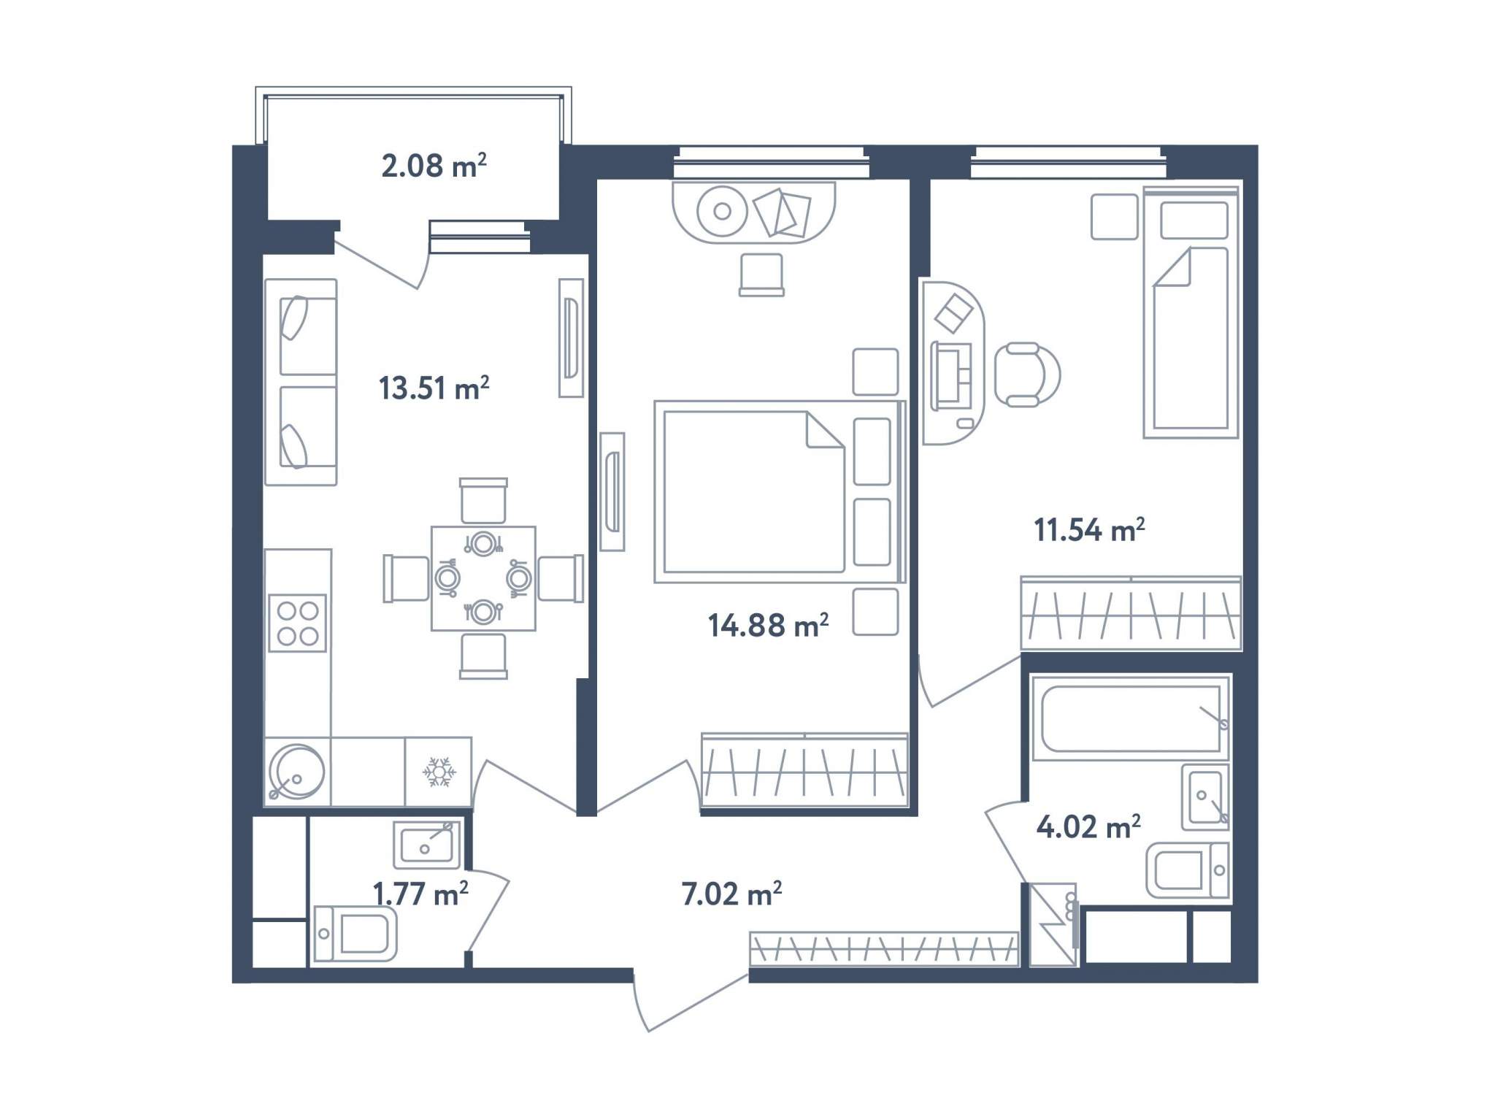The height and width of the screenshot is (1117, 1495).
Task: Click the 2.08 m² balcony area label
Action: (434, 166)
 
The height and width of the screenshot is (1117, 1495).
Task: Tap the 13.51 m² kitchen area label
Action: (434, 388)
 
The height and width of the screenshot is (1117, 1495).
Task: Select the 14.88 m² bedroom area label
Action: (768, 625)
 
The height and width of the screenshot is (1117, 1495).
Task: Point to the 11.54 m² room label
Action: (1088, 529)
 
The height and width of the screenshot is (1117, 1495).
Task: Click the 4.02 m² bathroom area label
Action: (1088, 826)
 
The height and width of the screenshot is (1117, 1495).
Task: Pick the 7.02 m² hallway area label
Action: (731, 894)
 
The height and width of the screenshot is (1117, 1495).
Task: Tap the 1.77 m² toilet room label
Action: (420, 894)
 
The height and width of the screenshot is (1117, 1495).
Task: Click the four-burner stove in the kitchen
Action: (297, 623)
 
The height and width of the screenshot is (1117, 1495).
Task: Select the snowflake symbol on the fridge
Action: (439, 772)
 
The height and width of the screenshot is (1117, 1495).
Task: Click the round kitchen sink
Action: (296, 772)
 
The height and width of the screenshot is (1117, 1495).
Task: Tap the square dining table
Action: (483, 578)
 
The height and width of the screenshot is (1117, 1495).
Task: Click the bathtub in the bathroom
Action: (1130, 718)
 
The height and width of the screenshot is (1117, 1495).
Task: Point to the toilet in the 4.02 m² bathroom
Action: (1187, 870)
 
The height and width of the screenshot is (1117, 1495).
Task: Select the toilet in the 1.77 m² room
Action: (356, 934)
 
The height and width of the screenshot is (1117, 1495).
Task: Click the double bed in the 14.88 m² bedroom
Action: (780, 491)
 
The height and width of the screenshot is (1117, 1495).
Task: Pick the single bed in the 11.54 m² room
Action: (1191, 312)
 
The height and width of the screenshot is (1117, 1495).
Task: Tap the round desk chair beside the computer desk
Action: (1028, 375)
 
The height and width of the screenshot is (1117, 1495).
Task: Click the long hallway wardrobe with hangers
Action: (884, 949)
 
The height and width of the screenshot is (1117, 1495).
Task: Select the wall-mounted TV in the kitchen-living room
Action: (572, 338)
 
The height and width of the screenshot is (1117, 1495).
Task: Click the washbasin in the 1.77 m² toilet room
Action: (427, 845)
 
